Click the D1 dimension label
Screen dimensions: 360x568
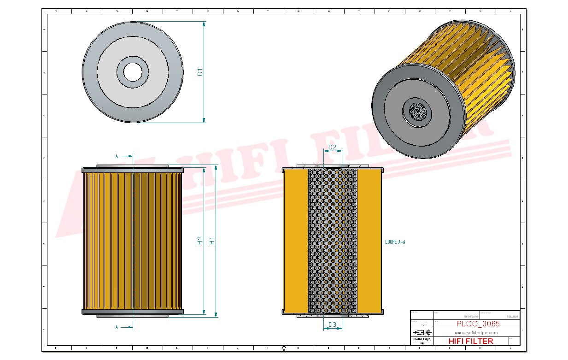[200, 72]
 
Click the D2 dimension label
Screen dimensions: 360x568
[332, 148]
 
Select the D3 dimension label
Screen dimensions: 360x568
[332, 325]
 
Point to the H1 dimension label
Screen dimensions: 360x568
[212, 240]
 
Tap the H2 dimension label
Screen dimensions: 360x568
[200, 240]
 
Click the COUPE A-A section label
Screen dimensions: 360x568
[395, 242]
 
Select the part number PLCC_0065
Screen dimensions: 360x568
[478, 324]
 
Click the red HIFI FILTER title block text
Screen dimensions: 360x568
[470, 341]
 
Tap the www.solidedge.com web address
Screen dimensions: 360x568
[476, 332]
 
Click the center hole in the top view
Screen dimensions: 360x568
[133, 71]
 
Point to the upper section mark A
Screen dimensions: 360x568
[117, 156]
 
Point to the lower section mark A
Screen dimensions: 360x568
[117, 327]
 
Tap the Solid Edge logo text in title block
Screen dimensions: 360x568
[422, 339]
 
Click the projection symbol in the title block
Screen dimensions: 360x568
[422, 332]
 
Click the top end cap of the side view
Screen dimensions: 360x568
[133, 170]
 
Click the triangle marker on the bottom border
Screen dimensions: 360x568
[284, 348]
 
